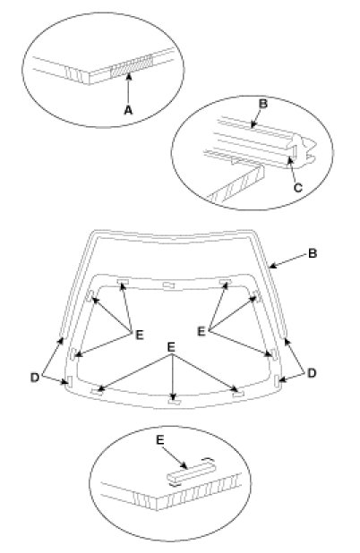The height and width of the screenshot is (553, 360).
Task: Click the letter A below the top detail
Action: pyautogui.click(x=128, y=110)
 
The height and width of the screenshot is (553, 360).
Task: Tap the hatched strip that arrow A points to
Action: pyautogui.click(x=132, y=65)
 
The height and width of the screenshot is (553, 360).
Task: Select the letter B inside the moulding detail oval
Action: pyautogui.click(x=263, y=104)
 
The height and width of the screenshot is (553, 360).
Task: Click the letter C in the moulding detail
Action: pyautogui.click(x=298, y=188)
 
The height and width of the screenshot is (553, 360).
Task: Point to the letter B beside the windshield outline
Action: pyautogui.click(x=313, y=253)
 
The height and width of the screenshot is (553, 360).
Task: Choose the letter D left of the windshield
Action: pyautogui.click(x=35, y=378)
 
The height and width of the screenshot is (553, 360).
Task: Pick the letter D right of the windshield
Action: pyautogui.click(x=312, y=373)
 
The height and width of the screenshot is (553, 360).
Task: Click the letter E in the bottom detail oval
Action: pyautogui.click(x=160, y=440)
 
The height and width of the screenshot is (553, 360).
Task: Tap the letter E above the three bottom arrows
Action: pyautogui.click(x=171, y=347)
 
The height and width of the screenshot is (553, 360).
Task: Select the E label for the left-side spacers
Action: pyautogui.click(x=140, y=335)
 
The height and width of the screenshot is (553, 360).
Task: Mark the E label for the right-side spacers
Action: pyautogui.click(x=201, y=331)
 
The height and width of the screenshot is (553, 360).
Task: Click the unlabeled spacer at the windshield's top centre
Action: pyautogui.click(x=168, y=285)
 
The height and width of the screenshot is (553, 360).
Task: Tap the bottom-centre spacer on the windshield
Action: pyautogui.click(x=174, y=402)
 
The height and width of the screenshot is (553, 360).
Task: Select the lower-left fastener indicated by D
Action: pyautogui.click(x=70, y=381)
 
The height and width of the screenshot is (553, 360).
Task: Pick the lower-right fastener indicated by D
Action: pyautogui.click(x=277, y=380)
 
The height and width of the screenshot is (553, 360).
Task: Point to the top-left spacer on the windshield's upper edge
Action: pyautogui.click(x=123, y=281)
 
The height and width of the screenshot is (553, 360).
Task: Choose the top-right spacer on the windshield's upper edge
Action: pyautogui.click(x=225, y=282)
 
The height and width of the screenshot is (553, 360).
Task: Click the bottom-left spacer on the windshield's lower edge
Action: pyautogui.click(x=97, y=391)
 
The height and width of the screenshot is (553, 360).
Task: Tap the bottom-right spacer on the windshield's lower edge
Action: pyautogui.click(x=239, y=393)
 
